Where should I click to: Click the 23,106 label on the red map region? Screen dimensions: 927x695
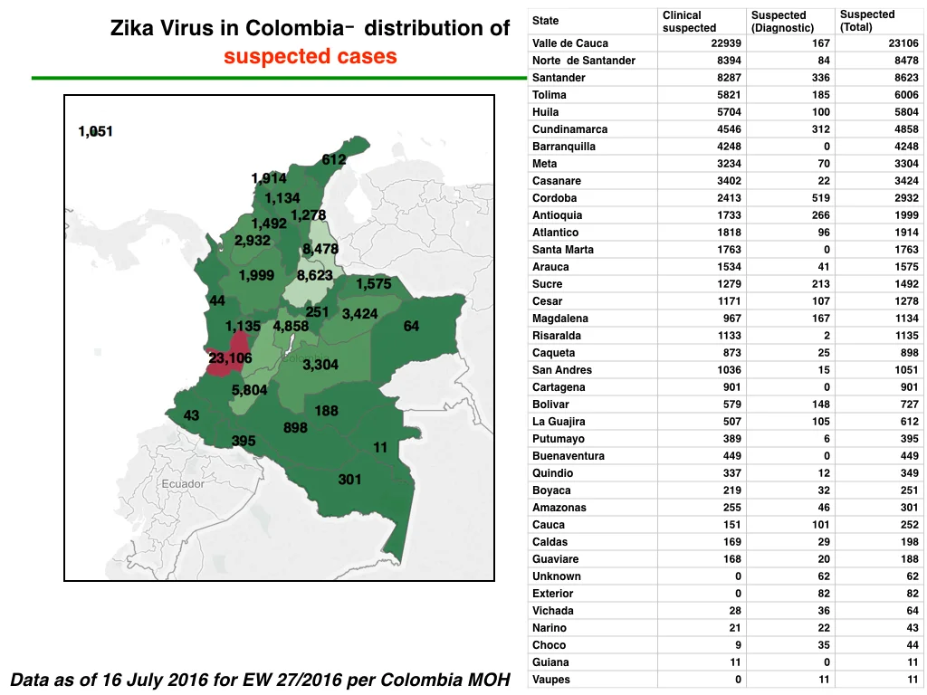230,358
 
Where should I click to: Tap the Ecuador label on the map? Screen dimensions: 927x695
183,484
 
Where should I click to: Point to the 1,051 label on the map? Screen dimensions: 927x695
95,131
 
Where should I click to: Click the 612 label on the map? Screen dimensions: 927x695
334,159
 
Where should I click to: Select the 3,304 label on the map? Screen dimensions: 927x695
320,365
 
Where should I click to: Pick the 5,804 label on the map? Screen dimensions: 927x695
249,390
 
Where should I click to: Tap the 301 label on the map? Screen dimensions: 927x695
349,480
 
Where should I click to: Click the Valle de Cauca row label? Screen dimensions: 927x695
570,43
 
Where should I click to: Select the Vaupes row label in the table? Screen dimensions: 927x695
551,680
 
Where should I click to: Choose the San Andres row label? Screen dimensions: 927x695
561,370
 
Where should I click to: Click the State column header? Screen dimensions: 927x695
545,21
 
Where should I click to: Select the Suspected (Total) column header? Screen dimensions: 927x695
867,21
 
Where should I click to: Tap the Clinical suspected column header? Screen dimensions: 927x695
689,22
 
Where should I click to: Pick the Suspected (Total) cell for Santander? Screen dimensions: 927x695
906,78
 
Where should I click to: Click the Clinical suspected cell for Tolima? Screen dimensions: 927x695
729,94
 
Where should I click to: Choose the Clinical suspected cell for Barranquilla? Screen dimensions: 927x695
729,147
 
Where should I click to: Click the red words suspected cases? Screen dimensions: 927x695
311,56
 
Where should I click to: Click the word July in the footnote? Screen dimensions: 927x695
145,680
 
